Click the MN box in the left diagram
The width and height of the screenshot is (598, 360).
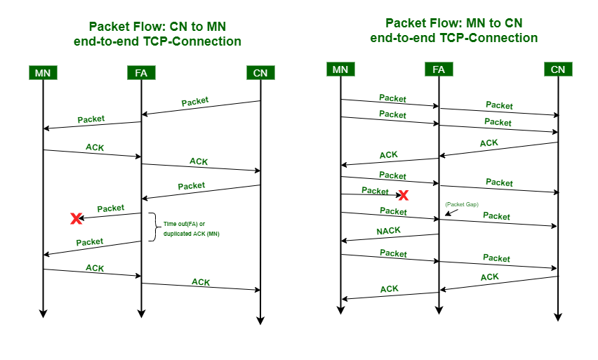(43, 72)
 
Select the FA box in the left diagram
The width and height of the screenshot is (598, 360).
(141, 72)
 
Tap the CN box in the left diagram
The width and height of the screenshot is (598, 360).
(260, 72)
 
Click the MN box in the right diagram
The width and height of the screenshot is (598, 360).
(340, 69)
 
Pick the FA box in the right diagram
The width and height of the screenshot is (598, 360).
(439, 69)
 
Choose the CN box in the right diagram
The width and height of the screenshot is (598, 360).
(558, 69)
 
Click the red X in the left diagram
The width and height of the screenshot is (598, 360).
(76, 219)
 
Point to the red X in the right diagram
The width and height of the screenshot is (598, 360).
(404, 195)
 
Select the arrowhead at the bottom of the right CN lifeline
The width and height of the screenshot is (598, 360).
(558, 316)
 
